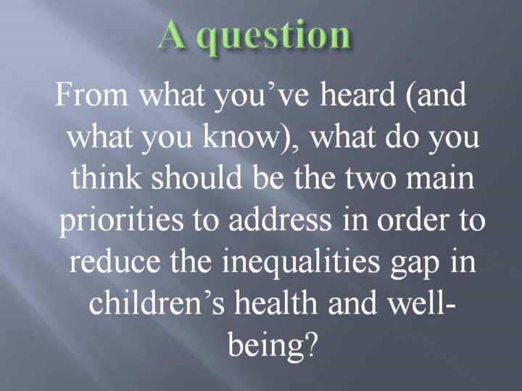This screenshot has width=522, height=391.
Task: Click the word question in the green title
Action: tap(276, 37)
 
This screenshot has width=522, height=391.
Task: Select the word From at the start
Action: tap(91, 93)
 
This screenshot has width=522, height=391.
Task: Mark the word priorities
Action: tap(121, 221)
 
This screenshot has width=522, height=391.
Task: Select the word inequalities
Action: tap(300, 262)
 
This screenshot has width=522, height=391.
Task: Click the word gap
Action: tap(413, 265)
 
